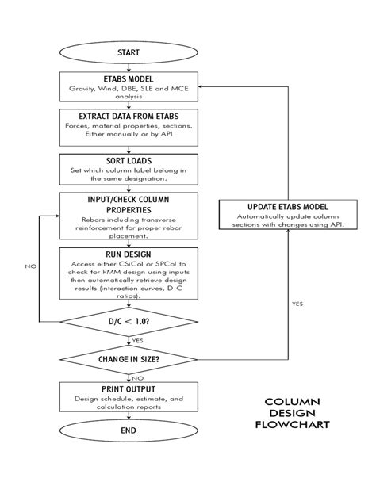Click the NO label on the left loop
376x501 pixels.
[x=30, y=266]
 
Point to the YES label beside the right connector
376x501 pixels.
[x=297, y=304]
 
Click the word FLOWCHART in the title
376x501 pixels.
[x=292, y=424]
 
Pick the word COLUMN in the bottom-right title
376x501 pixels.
[x=292, y=402]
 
